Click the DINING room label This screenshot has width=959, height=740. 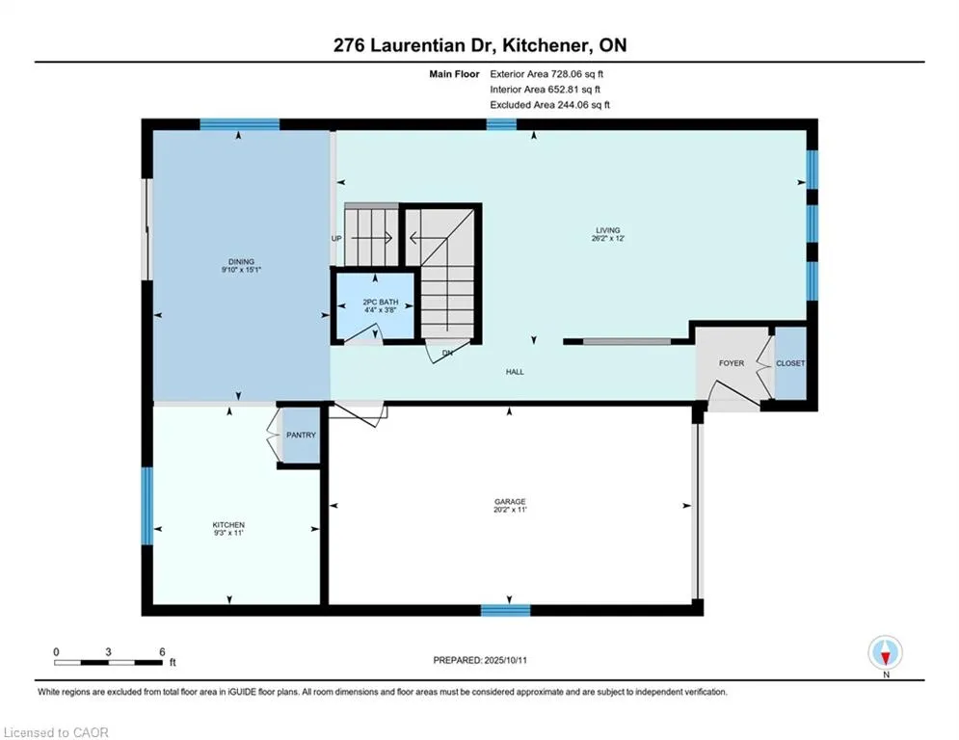coord(241,262)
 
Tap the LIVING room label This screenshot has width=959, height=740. coord(608,230)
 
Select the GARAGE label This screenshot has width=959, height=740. coord(510,501)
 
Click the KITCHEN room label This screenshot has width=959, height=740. coord(228,525)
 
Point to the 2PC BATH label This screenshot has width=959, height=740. coord(381,303)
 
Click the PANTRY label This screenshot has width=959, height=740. coord(301,435)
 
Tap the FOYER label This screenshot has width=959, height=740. coord(732,363)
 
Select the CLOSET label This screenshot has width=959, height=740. coord(790,363)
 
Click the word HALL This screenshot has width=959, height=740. coord(515,372)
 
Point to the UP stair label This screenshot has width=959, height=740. coord(336,239)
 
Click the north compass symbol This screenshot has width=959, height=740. coord(885,652)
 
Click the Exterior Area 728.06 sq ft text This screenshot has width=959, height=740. coord(546,74)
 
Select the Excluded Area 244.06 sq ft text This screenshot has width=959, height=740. coord(549,105)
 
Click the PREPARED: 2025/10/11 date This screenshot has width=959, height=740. coord(480,660)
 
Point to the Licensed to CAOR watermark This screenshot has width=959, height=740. coord(56,732)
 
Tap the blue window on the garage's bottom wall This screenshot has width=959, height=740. coord(505,610)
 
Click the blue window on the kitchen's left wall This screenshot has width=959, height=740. coord(147,506)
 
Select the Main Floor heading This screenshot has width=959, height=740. coord(454,74)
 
